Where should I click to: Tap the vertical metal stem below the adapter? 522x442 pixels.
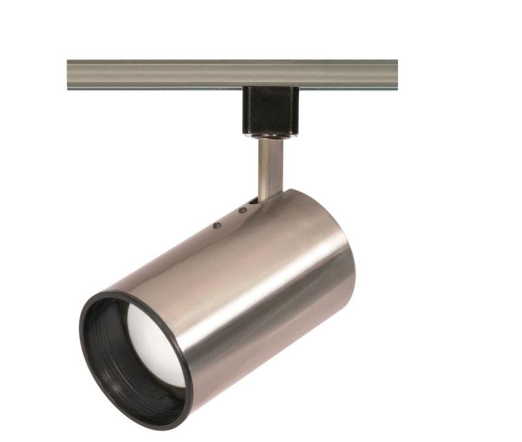(x=270, y=166)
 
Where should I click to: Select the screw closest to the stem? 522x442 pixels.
(x=243, y=210)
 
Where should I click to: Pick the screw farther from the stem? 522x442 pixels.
(x=217, y=225)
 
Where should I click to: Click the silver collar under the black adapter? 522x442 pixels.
(x=270, y=135)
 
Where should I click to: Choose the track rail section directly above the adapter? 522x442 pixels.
(x=270, y=74)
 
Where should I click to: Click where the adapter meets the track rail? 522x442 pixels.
(x=270, y=87)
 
